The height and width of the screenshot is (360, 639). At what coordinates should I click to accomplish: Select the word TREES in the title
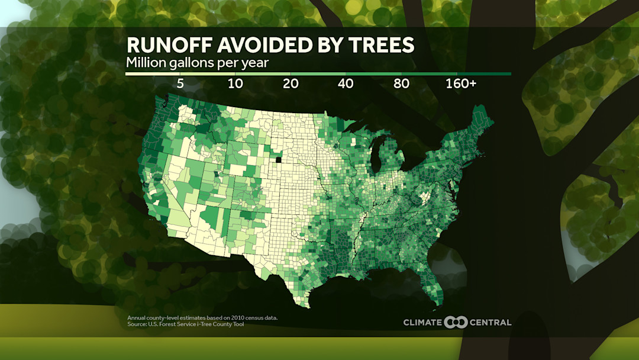(x=380, y=46)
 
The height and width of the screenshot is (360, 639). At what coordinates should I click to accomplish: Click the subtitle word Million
(x=145, y=62)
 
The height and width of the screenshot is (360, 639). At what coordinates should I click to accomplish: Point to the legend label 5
(x=180, y=83)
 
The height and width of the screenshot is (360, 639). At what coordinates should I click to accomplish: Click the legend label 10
(x=235, y=83)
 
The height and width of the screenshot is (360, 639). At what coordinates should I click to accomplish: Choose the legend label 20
(x=291, y=83)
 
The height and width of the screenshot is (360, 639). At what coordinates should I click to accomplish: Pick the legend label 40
(x=346, y=83)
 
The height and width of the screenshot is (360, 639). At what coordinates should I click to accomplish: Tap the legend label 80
(x=401, y=83)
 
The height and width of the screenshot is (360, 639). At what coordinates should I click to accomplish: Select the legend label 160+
(x=461, y=83)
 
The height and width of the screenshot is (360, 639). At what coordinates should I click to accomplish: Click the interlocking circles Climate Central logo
(x=456, y=322)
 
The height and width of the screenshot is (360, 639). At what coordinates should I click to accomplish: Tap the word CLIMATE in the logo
(x=422, y=323)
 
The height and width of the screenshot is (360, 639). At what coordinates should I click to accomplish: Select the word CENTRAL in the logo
(x=490, y=323)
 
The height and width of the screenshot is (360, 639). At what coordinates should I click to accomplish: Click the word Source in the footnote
(x=137, y=324)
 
